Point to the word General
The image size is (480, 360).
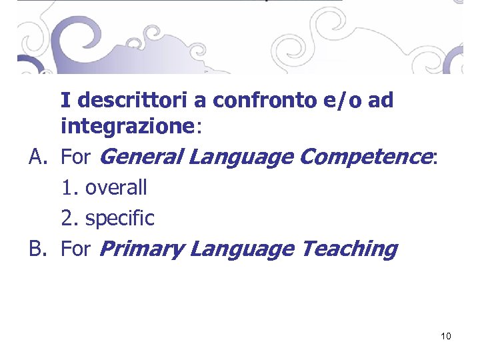pyautogui.click(x=141, y=157)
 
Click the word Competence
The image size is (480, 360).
pyautogui.click(x=365, y=157)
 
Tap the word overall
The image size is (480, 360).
pyautogui.click(x=116, y=188)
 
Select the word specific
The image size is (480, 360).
pyautogui.click(x=120, y=219)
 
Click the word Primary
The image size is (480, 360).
pyautogui.click(x=141, y=249)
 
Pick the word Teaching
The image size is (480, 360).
pyautogui.click(x=349, y=249)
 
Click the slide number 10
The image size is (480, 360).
pyautogui.click(x=446, y=336)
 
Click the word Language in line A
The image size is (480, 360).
pyautogui.click(x=241, y=157)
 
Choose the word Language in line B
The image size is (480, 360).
pyautogui.click(x=241, y=249)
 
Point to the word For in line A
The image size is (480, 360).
pyautogui.click(x=75, y=158)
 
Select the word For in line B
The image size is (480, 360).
pyautogui.click(x=75, y=249)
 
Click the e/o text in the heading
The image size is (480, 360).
pyautogui.click(x=341, y=101)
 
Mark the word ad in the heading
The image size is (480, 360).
pyautogui.click(x=380, y=101)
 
